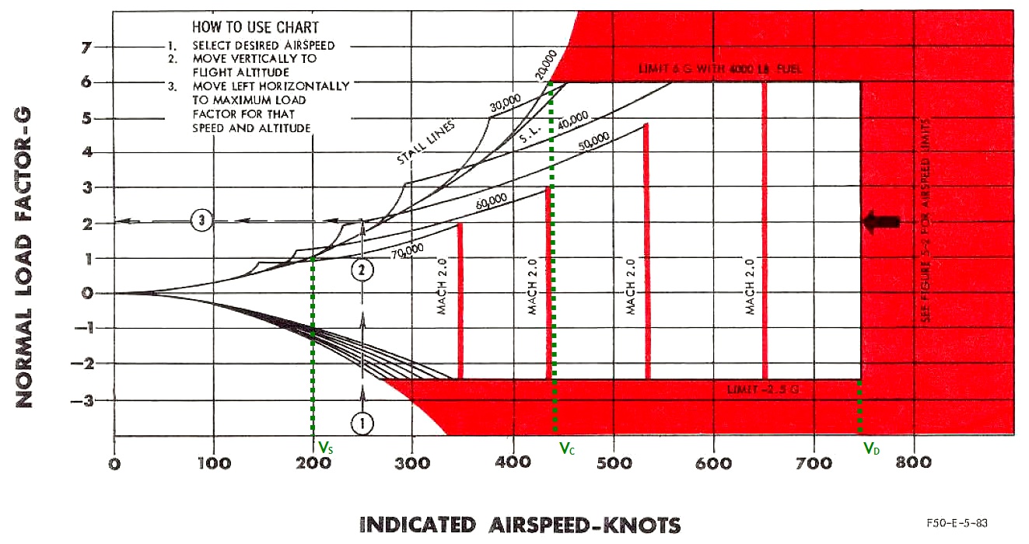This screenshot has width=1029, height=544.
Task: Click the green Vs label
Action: click(327, 448)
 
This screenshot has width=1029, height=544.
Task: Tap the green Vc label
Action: click(566, 448)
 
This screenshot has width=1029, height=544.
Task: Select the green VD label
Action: click(871, 448)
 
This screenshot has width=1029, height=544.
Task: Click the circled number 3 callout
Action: click(201, 221)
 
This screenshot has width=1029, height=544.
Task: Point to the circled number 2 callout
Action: click(362, 270)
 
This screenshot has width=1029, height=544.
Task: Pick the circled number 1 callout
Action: click(362, 423)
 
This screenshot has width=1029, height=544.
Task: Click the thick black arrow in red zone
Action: click(882, 221)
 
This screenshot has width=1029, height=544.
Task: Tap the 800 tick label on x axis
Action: click(914, 463)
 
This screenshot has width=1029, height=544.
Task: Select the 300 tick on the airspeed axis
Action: click(412, 463)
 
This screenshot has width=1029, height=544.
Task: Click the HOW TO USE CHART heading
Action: click(255, 27)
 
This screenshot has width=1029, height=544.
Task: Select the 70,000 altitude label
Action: click(408, 249)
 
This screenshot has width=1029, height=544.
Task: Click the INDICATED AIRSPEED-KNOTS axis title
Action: click(520, 525)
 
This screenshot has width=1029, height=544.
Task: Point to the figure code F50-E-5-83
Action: click(957, 523)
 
